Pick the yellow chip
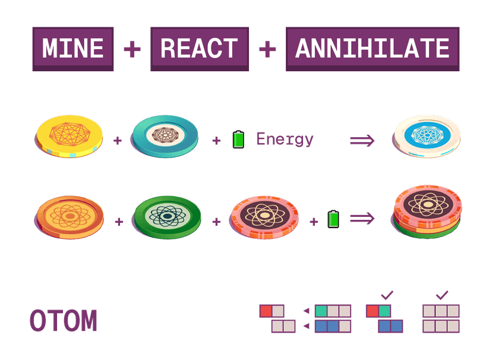(x=69, y=137)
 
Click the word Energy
(x=285, y=140)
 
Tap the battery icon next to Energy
(x=238, y=139)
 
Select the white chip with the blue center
(x=427, y=137)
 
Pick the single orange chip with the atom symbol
(x=69, y=216)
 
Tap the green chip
(x=168, y=216)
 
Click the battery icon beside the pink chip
(x=333, y=219)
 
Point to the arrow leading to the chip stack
(x=362, y=219)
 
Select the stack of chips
(x=427, y=211)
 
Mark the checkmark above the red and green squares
(x=387, y=294)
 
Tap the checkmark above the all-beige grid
(x=441, y=294)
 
